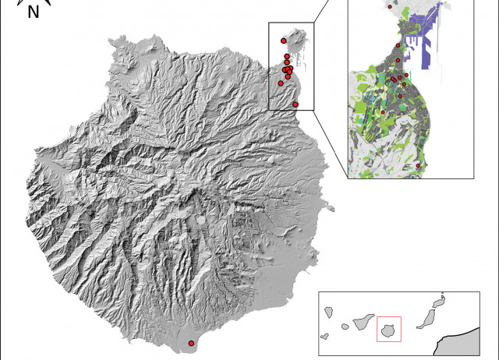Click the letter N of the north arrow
33,12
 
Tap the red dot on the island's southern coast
192,343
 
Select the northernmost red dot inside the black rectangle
283,41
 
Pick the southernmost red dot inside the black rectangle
296,104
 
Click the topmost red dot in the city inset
390,6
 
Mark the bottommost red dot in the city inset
419,165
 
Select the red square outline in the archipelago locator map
388,328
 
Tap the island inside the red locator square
388,330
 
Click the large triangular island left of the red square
359,322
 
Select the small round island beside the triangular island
341,330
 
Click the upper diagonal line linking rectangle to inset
331,11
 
